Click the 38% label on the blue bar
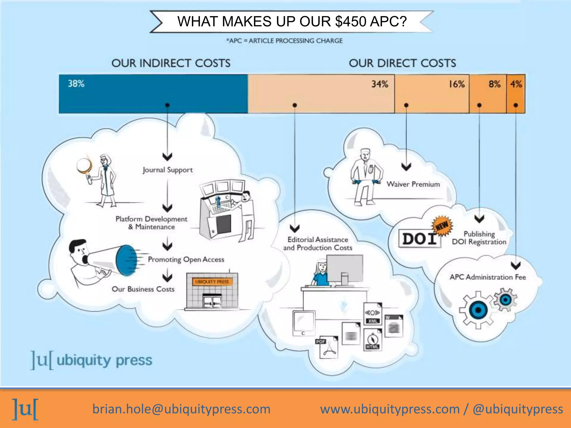tap(76, 84)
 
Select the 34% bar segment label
tap(379, 84)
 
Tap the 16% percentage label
tap(456, 84)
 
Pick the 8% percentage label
tap(494, 84)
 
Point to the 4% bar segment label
tap(516, 84)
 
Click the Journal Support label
tap(168, 170)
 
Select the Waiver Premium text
tap(413, 184)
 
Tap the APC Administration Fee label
tap(488, 277)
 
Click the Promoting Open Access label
tap(186, 259)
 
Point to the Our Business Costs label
tap(143, 289)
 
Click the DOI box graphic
tap(419, 239)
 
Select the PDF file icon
tap(327, 347)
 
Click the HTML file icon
tap(372, 340)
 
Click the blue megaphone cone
tap(126, 260)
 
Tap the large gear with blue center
tap(478, 310)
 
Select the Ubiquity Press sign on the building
tap(212, 282)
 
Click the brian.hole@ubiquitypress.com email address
tap(182, 409)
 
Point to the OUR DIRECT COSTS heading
tap(402, 63)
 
